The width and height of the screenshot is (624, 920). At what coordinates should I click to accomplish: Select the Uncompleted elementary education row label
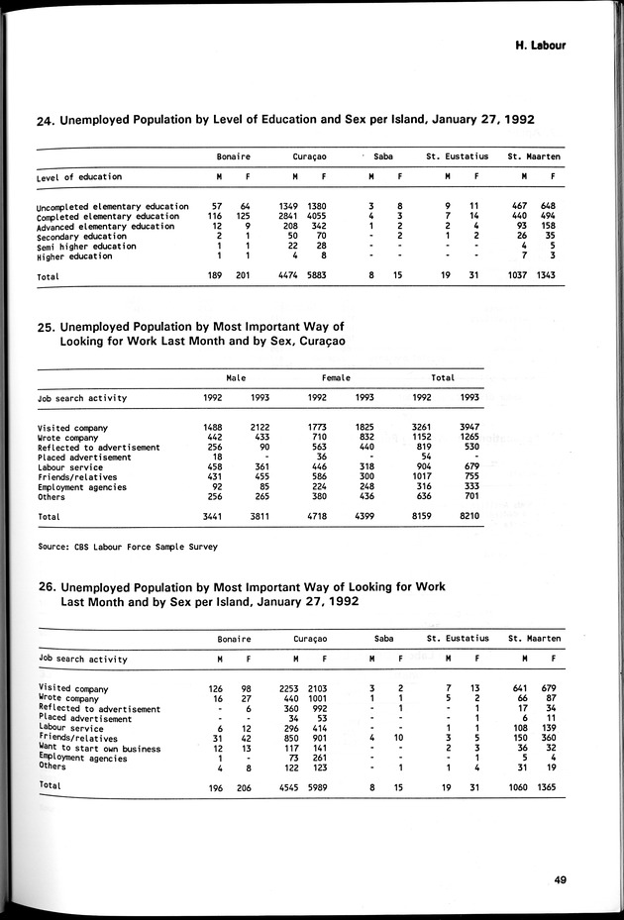(x=113, y=206)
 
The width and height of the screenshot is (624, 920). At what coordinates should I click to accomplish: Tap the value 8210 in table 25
(x=469, y=517)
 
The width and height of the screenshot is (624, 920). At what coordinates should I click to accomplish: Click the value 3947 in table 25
(x=469, y=428)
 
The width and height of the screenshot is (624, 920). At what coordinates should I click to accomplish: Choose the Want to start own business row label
(x=99, y=749)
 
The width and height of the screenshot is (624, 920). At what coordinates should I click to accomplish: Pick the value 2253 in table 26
(x=287, y=688)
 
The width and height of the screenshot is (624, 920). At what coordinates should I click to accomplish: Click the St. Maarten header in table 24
(x=534, y=156)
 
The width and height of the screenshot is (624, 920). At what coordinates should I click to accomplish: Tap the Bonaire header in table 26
(x=234, y=639)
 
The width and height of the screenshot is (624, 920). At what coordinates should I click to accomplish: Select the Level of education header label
(x=79, y=177)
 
